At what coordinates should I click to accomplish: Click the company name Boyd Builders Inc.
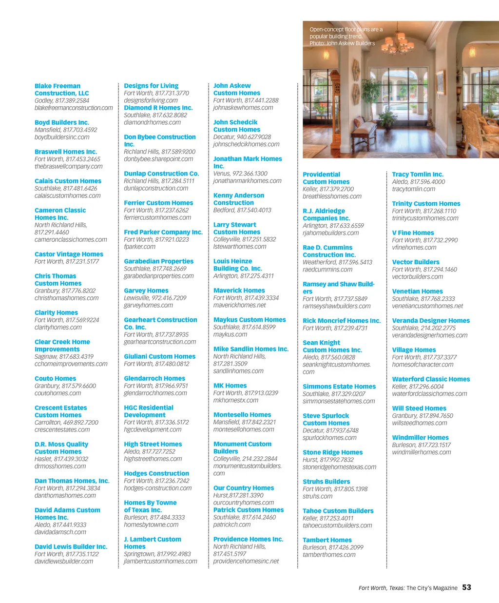[x=62, y=122]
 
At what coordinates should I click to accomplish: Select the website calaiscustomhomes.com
[x=68, y=195]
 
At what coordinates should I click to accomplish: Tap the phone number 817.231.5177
[x=79, y=261]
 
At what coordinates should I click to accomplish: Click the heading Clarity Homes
[x=56, y=312]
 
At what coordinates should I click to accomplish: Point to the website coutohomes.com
[x=58, y=393]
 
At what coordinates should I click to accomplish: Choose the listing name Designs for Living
[x=151, y=86]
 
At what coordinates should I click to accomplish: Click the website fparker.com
[x=140, y=247]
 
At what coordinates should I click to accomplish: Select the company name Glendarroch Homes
[x=154, y=378]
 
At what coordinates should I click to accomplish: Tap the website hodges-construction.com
[x=158, y=488]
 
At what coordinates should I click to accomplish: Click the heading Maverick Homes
[x=239, y=291]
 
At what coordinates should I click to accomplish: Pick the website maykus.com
[x=230, y=334]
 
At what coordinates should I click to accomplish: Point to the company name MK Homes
[x=230, y=386]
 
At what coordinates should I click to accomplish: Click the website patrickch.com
[x=232, y=525]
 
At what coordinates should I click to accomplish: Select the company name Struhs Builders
[x=326, y=482]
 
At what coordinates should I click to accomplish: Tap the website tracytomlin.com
[x=414, y=189]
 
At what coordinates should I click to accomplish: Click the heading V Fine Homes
[x=413, y=233]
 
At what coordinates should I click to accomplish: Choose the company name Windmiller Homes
[x=420, y=438]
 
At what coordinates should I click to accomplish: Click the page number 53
[x=466, y=587]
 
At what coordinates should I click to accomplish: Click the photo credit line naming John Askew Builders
[x=342, y=43]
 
